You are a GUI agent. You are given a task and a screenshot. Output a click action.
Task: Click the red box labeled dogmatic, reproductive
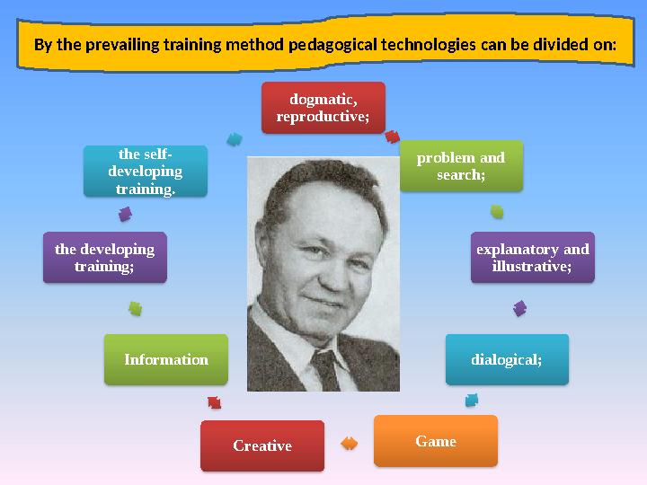pos(323,108)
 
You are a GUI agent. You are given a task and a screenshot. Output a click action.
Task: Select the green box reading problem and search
pos(460,165)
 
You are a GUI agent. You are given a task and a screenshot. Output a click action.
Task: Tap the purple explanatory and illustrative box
pos(532,258)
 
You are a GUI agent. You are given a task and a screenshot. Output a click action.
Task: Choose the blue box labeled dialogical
pos(507,359)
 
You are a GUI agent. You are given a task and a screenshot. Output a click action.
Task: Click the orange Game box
pos(435,441)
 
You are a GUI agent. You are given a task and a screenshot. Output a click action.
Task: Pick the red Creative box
pos(261,445)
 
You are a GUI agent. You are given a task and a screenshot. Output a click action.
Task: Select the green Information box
pos(165,359)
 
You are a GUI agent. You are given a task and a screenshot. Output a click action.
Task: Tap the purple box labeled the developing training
pos(104,258)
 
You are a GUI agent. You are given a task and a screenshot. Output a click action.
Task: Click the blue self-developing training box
pos(145,172)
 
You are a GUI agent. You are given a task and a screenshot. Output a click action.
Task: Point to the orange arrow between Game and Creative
pos(349,443)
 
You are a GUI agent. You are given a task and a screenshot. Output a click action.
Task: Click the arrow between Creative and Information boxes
pos(214,402)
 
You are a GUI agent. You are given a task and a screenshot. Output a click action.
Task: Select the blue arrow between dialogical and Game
pos(471,400)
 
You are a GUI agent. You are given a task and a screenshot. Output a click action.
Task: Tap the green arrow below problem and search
pos(497,213)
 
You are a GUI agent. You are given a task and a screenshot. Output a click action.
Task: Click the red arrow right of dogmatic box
pos(392,137)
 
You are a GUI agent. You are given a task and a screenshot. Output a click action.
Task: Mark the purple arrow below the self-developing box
pos(125,214)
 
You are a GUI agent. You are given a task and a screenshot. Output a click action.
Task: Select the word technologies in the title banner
pos(426,43)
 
